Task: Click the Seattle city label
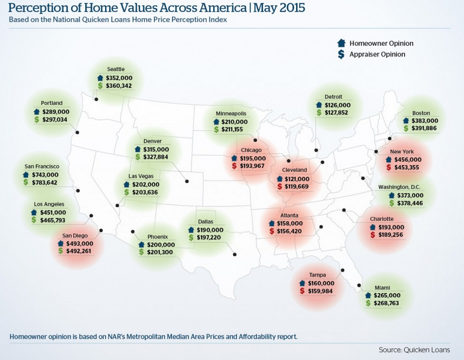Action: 116,69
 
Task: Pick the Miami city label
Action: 382,288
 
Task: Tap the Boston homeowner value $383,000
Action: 425,120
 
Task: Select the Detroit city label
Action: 333,97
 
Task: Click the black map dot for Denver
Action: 187,181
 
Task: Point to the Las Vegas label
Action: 141,176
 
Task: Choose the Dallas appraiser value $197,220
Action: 210,238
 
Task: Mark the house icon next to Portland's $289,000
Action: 36,112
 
